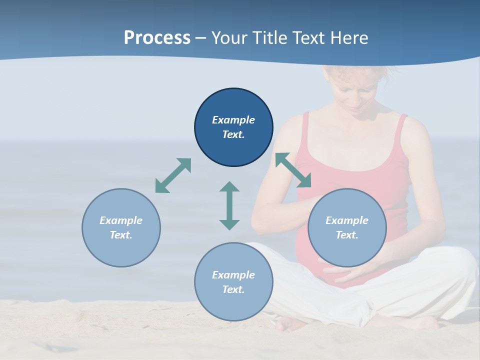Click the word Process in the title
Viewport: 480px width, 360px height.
157,38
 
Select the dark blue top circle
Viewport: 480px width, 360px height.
233,127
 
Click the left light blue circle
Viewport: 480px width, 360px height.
121,227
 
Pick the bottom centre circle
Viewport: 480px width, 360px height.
233,282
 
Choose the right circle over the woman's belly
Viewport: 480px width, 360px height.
347,227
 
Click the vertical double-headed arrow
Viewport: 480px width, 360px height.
229,205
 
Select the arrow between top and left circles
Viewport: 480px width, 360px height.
173,175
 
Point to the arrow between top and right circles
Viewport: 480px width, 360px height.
293,170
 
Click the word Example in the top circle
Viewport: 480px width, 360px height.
233,120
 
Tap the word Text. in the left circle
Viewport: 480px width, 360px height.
121,235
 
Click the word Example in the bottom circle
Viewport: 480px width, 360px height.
233,275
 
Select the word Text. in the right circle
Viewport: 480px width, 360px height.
347,235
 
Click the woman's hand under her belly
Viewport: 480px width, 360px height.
350,272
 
